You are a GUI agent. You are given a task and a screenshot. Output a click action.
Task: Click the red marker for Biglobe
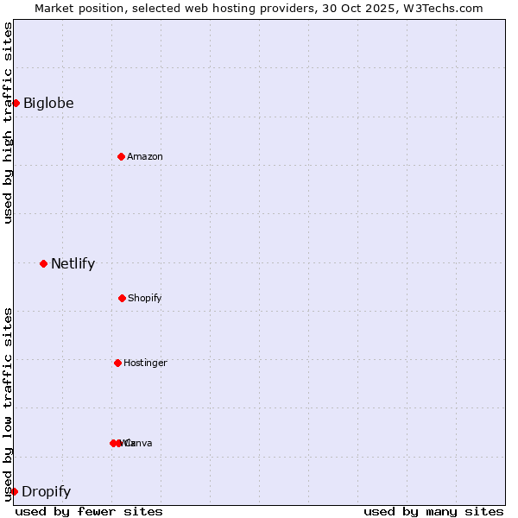[16, 103]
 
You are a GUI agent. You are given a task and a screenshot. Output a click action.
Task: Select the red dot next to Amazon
[121, 156]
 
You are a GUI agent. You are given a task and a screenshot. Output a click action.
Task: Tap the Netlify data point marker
[43, 263]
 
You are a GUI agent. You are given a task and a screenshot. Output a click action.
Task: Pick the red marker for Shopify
[122, 298]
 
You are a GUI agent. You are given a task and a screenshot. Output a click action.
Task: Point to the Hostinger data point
[117, 363]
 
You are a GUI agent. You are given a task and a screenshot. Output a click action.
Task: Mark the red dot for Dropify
[14, 491]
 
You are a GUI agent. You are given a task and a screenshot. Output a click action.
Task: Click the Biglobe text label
[48, 104]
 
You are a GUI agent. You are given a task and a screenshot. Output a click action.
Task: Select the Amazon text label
[145, 156]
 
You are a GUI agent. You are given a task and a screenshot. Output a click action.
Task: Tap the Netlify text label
[73, 264]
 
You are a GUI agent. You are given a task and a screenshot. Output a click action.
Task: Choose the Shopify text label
[145, 298]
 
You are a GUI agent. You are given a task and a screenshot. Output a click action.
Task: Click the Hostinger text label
[145, 363]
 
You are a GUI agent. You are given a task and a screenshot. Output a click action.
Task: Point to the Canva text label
[140, 443]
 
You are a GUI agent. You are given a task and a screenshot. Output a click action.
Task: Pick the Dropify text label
[46, 492]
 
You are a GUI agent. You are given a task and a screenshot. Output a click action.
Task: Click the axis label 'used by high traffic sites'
[8, 123]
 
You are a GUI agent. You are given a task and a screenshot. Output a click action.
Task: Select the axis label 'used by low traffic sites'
[8, 403]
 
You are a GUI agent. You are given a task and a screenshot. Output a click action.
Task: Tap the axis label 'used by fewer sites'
[89, 511]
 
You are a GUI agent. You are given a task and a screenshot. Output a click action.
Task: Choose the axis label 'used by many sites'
[433, 511]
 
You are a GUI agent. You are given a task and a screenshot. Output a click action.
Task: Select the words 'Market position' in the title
[74, 8]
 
